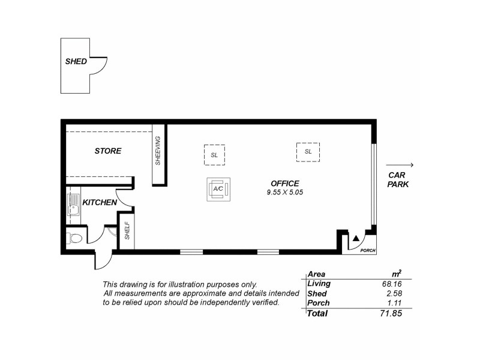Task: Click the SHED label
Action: tap(76, 61)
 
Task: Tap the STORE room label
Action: tap(108, 151)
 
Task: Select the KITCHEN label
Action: tap(100, 203)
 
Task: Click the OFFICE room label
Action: tap(284, 184)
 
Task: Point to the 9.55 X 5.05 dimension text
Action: tap(284, 193)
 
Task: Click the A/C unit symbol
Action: tap(217, 189)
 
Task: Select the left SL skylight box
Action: tap(214, 154)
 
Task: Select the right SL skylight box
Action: tap(308, 152)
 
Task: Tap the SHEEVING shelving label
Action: tap(158, 151)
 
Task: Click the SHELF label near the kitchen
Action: tap(127, 231)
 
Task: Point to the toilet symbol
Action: tap(74, 239)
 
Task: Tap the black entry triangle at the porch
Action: tap(356, 238)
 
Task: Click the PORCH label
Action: tap(367, 250)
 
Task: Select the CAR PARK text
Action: tap(398, 179)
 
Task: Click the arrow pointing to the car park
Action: tap(400, 165)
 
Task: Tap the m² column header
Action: tap(396, 274)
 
